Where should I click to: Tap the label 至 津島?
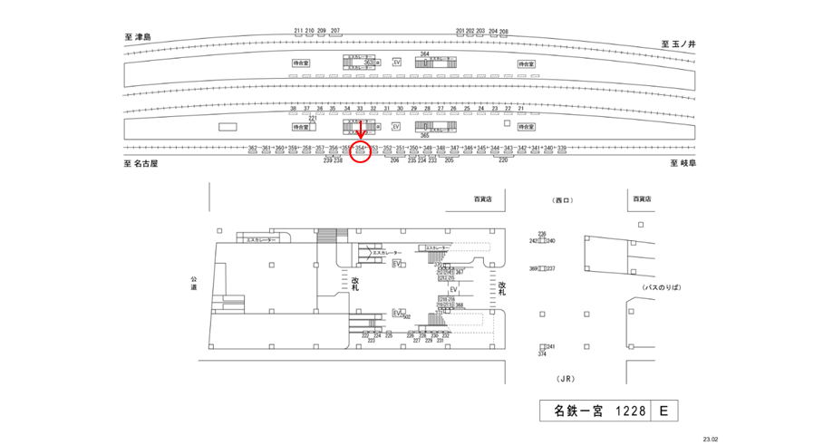[138, 37]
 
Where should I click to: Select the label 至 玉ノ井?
[677, 43]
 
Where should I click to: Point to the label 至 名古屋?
[140, 164]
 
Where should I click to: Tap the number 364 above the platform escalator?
[424, 54]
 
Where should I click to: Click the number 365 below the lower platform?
[424, 134]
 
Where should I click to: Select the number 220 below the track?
[503, 160]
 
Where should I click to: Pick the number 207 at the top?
[335, 31]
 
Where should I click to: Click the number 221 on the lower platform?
[313, 118]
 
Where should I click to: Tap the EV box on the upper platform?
[396, 62]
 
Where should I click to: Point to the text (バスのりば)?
[661, 286]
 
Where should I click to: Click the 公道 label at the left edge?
[193, 284]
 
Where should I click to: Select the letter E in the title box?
[663, 411]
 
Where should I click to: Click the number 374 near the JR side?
[542, 354]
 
